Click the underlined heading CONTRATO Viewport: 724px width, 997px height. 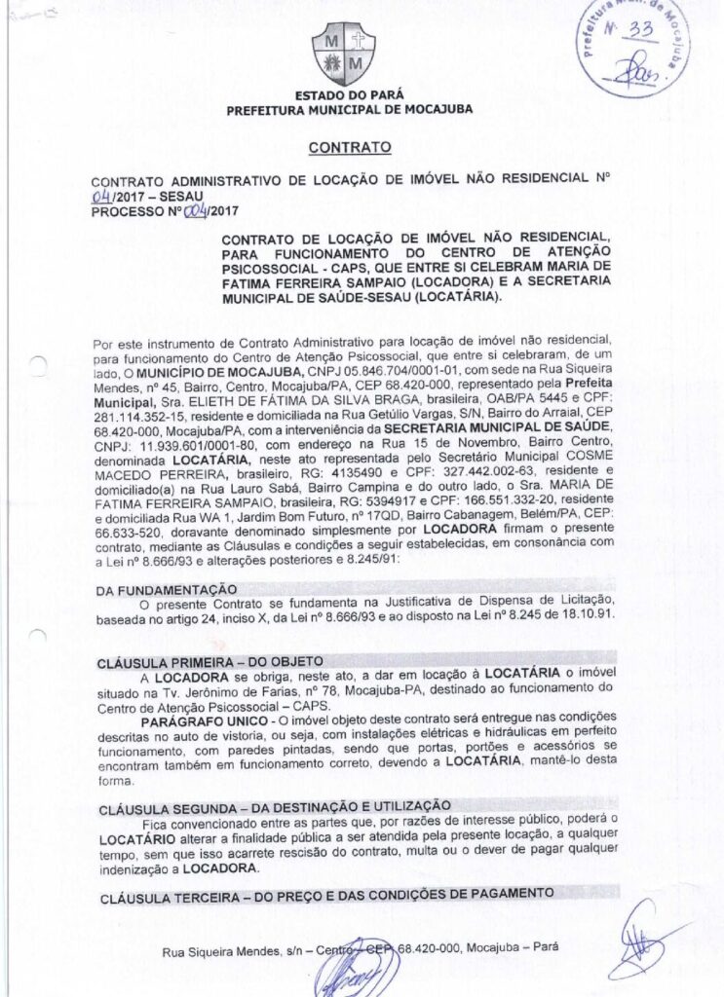click(349, 148)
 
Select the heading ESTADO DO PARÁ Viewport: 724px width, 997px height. click(349, 96)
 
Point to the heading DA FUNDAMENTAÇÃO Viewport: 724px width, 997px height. click(166, 590)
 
